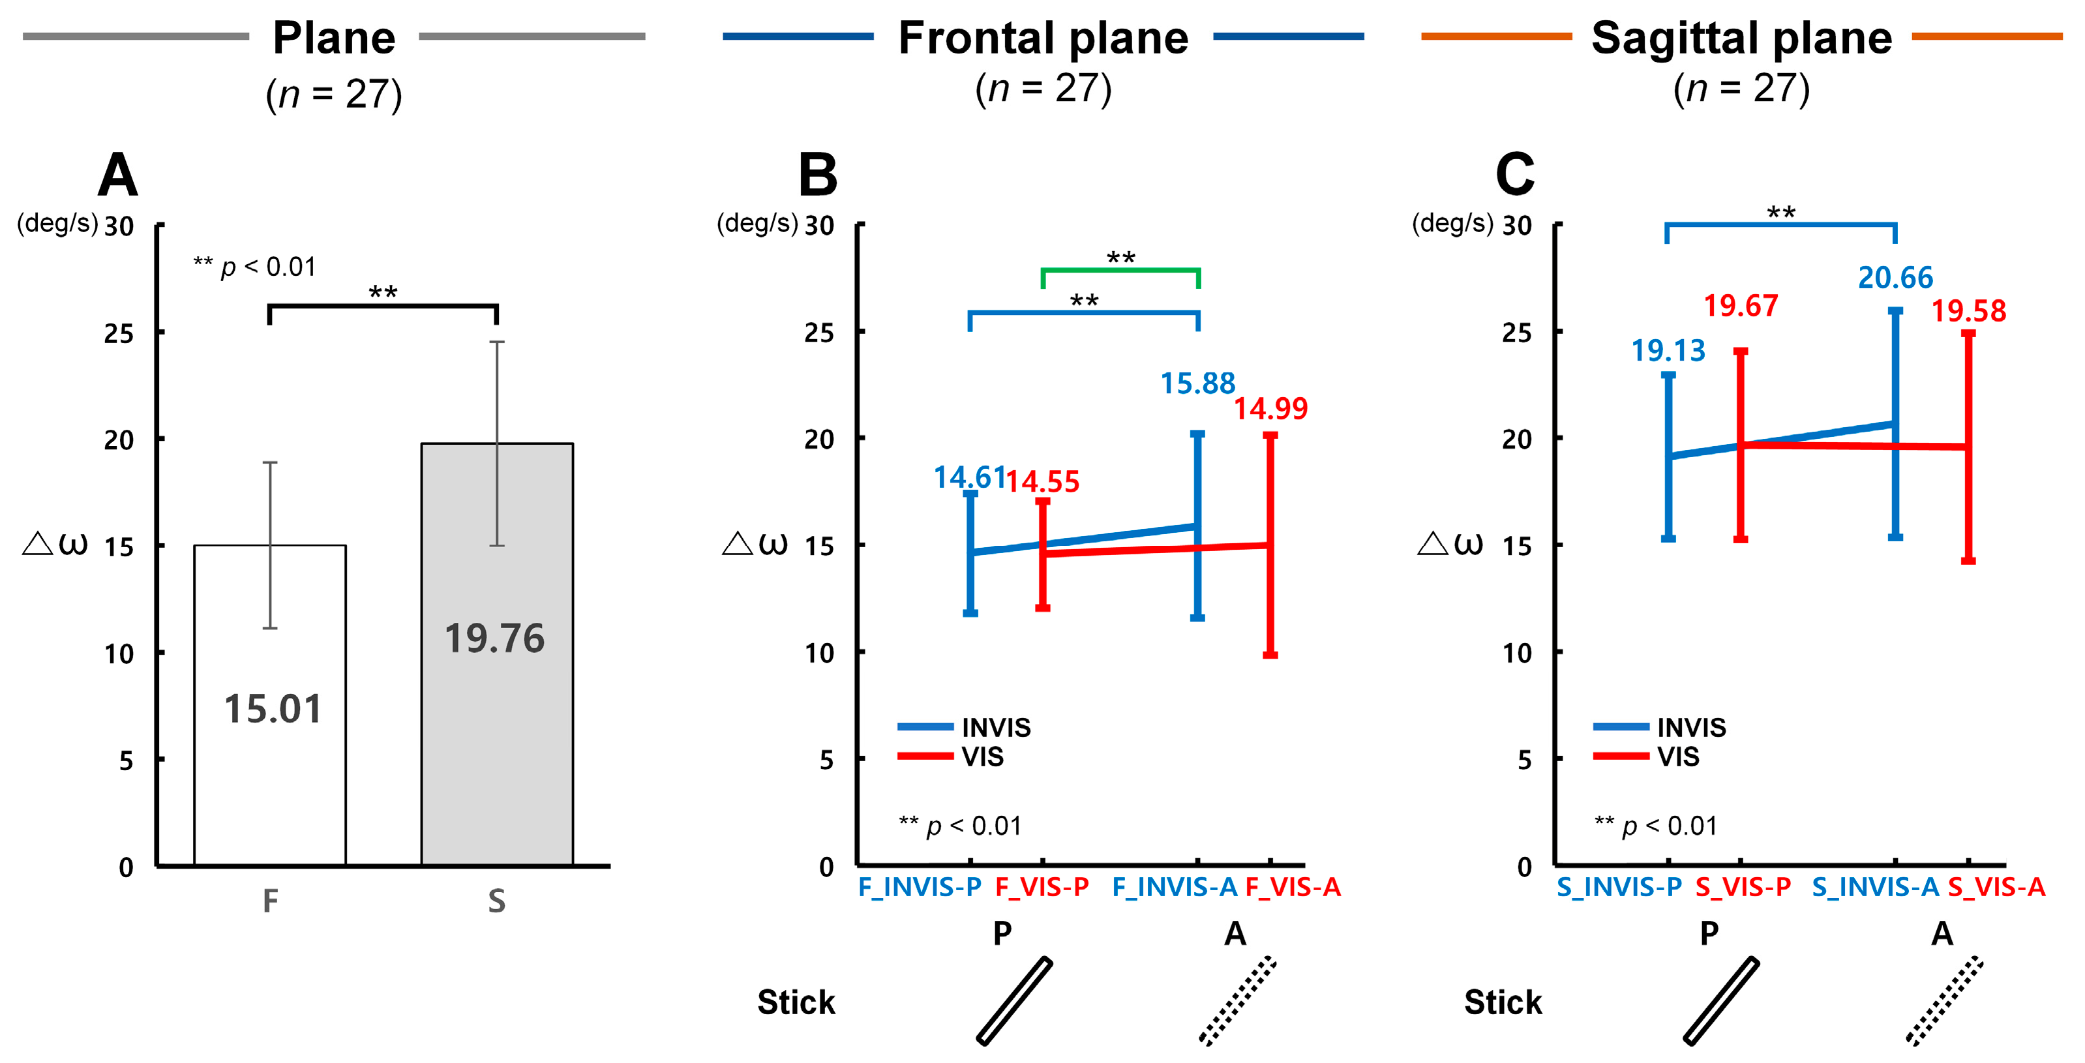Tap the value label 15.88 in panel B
tap(1197, 383)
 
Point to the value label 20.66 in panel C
tap(1895, 278)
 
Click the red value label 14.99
tap(1270, 408)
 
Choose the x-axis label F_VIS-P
tap(1042, 888)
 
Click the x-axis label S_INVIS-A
tap(1874, 888)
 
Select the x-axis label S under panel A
tap(496, 900)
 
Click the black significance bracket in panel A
tap(383, 306)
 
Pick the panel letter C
tap(1514, 174)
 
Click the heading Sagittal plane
tap(1741, 38)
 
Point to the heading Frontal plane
tap(1043, 38)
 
